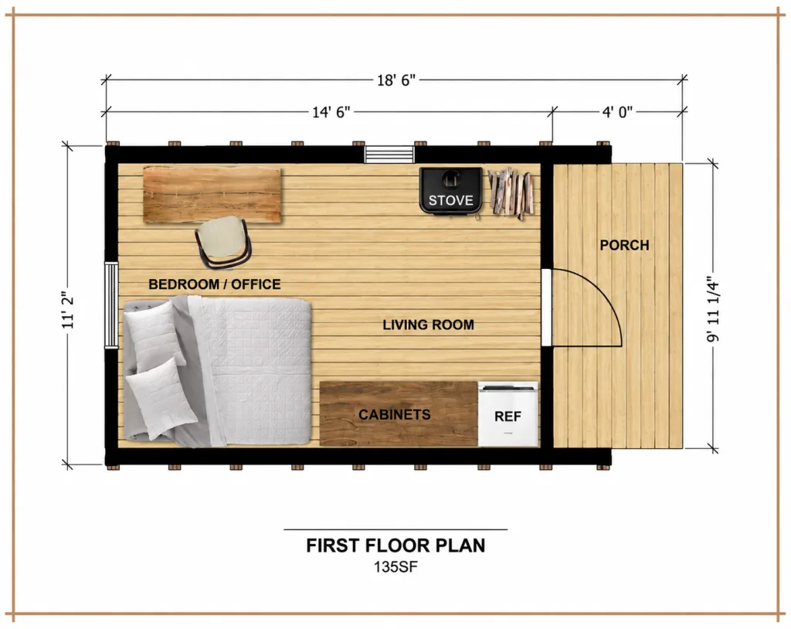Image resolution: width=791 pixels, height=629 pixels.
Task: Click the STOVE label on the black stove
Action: (450, 200)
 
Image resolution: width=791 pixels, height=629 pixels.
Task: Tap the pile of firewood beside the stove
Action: (511, 193)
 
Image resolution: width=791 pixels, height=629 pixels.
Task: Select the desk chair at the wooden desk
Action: (223, 241)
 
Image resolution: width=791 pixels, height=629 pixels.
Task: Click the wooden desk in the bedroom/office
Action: (212, 195)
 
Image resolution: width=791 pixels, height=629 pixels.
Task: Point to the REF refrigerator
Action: (508, 414)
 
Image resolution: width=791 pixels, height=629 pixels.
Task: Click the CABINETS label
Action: (395, 414)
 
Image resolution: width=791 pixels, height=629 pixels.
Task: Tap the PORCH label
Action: (624, 245)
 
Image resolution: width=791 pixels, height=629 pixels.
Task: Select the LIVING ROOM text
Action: (428, 325)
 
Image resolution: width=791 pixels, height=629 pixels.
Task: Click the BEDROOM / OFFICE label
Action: (215, 284)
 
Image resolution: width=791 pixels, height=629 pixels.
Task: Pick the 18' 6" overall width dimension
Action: (396, 80)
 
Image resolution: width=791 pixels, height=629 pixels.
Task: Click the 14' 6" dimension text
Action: (331, 112)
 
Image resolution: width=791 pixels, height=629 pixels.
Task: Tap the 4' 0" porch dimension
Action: (617, 112)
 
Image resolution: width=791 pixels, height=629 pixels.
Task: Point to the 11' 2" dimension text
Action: (68, 310)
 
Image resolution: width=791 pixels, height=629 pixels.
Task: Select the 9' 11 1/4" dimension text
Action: (713, 309)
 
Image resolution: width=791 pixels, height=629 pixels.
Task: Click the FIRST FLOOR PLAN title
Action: (395, 546)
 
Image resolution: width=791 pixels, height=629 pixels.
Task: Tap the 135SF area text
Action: (395, 567)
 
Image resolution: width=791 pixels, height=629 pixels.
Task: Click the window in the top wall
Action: (389, 155)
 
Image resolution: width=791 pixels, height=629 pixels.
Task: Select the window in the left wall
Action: (111, 305)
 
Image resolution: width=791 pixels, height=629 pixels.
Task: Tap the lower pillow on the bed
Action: (161, 398)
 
